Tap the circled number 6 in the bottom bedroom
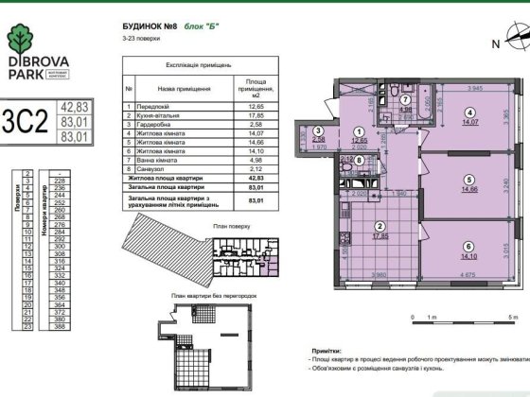pyautogui.click(x=468, y=241)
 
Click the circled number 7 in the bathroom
pyautogui.click(x=404, y=98)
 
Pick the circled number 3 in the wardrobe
pyautogui.click(x=319, y=133)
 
